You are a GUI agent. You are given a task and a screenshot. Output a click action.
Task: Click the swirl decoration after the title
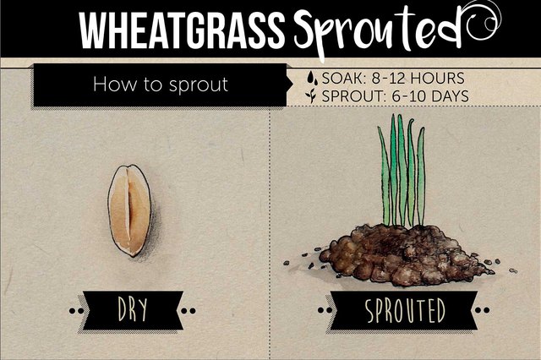click(484, 20)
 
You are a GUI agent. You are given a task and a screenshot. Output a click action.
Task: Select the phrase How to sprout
click(161, 85)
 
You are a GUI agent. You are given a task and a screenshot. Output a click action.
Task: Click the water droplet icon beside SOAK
click(312, 78)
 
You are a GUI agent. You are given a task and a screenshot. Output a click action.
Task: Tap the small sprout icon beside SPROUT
click(312, 95)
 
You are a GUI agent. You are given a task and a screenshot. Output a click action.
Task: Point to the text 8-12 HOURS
click(418, 79)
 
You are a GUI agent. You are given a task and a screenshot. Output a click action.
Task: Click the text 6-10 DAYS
click(430, 96)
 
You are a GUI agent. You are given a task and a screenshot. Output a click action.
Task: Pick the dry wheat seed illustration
click(129, 210)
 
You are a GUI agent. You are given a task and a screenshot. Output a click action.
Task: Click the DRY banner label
click(133, 309)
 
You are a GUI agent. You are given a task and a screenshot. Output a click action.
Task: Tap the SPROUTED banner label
click(405, 310)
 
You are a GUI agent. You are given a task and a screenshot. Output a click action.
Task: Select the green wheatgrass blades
click(402, 171)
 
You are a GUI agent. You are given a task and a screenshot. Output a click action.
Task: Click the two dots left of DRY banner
click(76, 311)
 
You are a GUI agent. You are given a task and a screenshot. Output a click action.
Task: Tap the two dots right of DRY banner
click(189, 311)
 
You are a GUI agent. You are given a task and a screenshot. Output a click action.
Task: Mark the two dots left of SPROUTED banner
click(325, 310)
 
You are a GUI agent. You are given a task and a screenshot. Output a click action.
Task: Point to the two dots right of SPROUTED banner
click(482, 310)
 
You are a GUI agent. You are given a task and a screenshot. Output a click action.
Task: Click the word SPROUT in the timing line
click(352, 96)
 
